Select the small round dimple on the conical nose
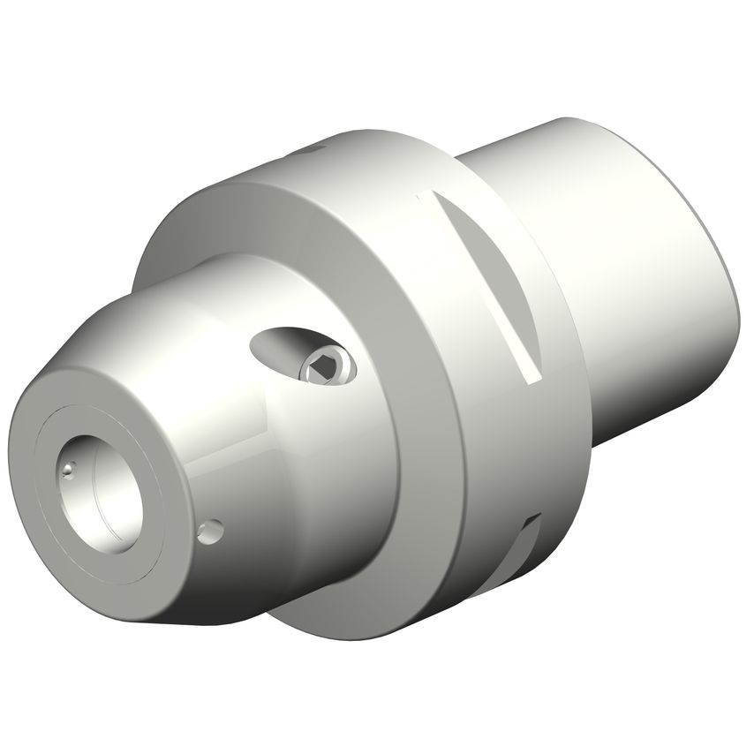[210, 531]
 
